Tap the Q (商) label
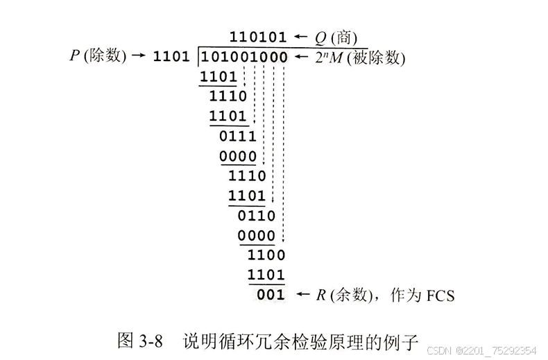click(334, 36)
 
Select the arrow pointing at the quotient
click(300, 36)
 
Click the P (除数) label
click(98, 56)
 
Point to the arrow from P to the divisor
click(139, 56)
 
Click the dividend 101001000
click(243, 57)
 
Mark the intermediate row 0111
click(238, 136)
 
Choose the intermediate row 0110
click(257, 216)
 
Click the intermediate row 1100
click(266, 255)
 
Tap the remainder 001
click(271, 295)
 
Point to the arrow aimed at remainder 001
click(303, 295)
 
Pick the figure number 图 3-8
click(139, 341)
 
